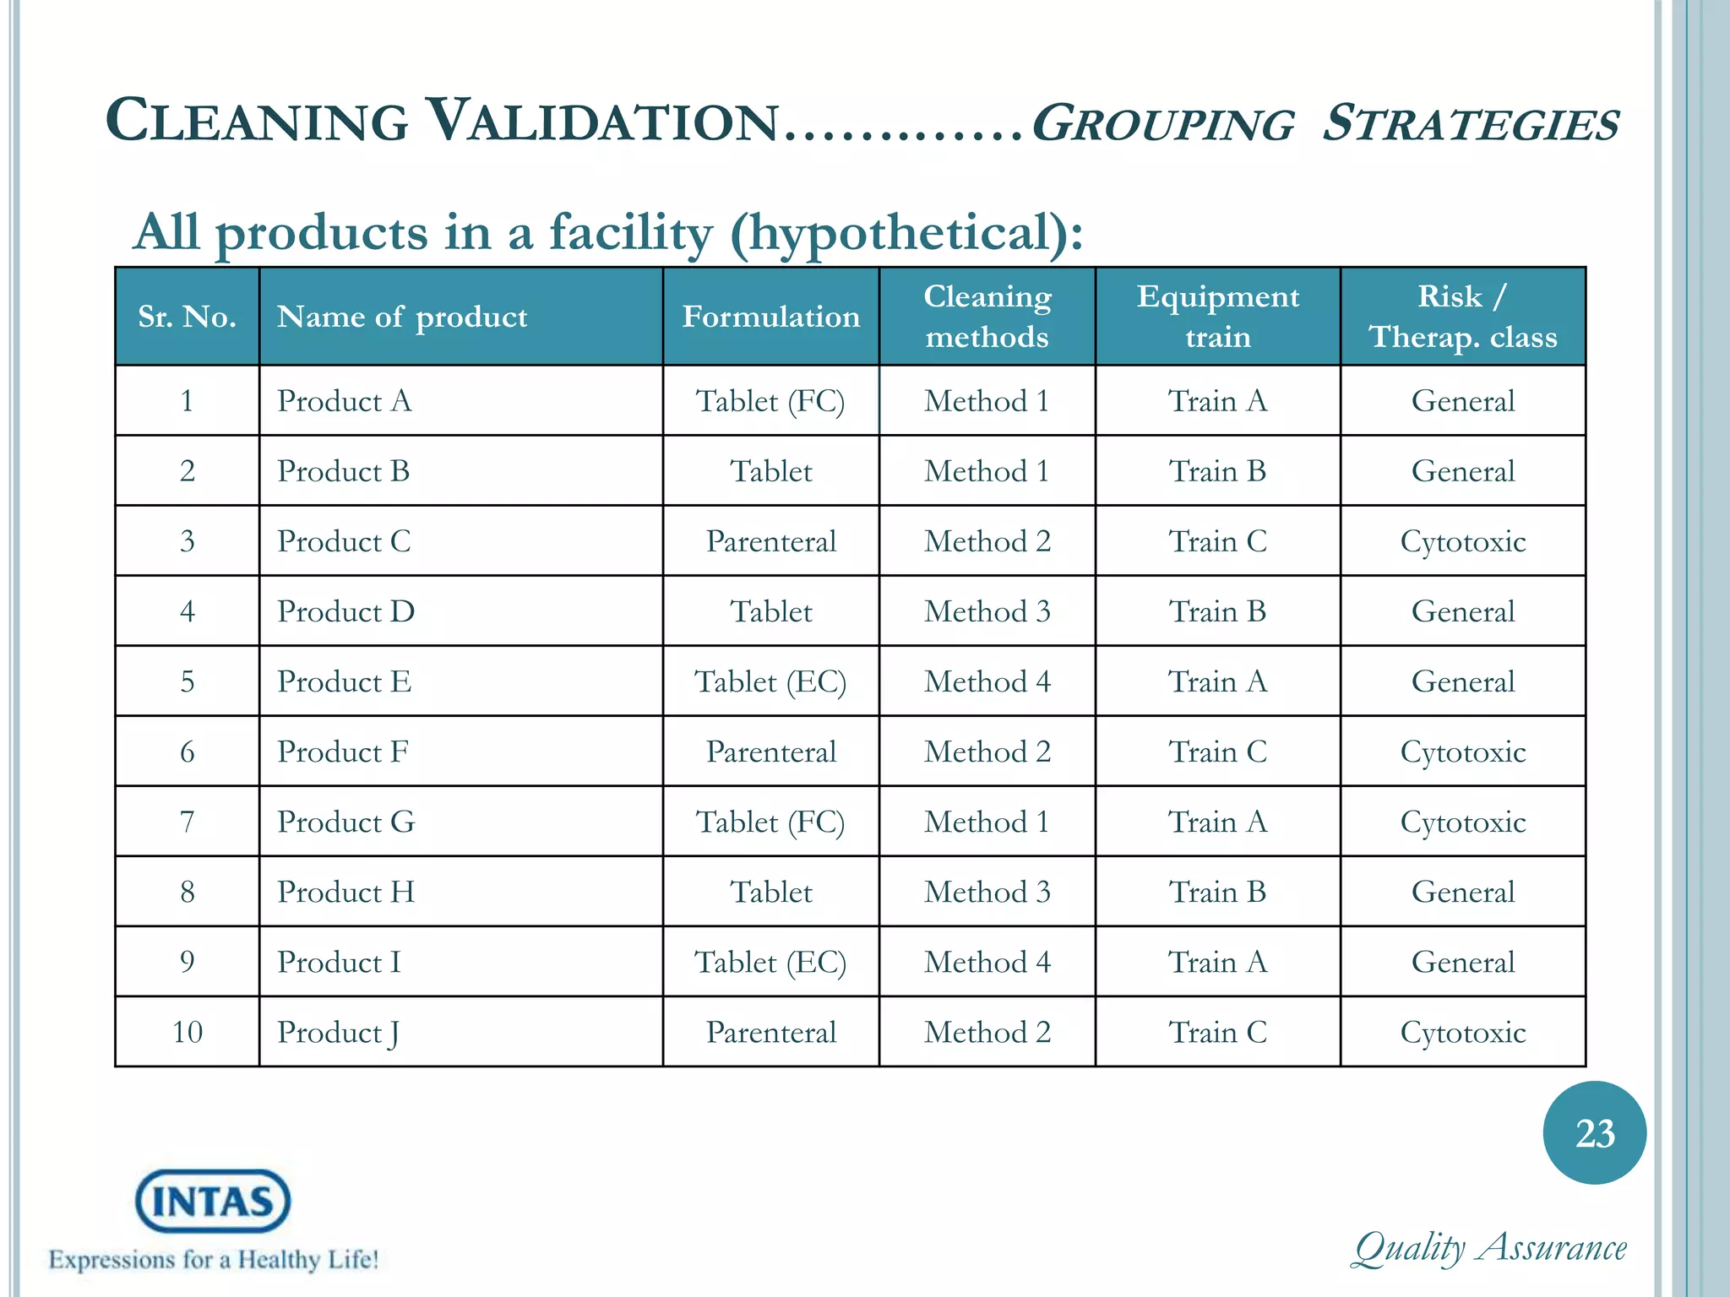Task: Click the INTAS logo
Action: click(x=213, y=1201)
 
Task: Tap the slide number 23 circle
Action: click(x=1594, y=1133)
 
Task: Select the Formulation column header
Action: click(x=770, y=317)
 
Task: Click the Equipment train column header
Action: click(x=1217, y=317)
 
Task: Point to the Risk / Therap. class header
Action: click(x=1462, y=317)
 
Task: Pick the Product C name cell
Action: click(x=345, y=541)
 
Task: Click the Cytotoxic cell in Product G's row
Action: click(x=1462, y=822)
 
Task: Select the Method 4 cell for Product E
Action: click(x=987, y=681)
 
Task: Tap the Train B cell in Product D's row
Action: click(x=1217, y=611)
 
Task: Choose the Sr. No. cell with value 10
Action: click(x=187, y=1032)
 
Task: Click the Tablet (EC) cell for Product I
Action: click(x=770, y=962)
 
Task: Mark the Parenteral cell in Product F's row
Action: click(x=770, y=752)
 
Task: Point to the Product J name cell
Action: click(x=338, y=1032)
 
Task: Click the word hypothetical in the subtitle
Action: click(x=897, y=233)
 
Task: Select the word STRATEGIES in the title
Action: click(x=1470, y=124)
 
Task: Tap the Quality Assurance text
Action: click(x=1489, y=1248)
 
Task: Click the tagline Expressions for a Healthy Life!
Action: click(x=214, y=1260)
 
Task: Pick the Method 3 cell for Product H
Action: click(x=987, y=892)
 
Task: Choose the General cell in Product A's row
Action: click(x=1462, y=401)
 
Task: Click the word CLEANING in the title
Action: click(x=258, y=121)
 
